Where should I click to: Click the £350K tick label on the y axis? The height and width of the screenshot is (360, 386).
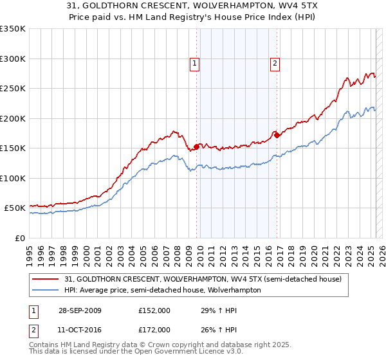click(x=13, y=29)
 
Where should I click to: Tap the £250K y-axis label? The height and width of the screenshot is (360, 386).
click(x=13, y=89)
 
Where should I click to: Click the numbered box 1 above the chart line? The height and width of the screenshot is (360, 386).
click(x=194, y=63)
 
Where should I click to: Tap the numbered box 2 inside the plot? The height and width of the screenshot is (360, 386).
click(x=275, y=63)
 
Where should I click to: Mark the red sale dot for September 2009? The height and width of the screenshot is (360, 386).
click(x=196, y=147)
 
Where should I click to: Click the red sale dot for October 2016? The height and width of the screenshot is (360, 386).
click(x=277, y=135)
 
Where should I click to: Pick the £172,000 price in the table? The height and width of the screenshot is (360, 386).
click(x=154, y=329)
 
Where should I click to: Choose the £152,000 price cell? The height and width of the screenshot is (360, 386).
click(x=154, y=310)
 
